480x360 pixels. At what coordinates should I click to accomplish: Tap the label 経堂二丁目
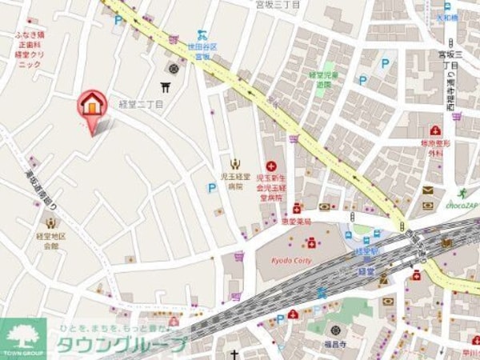141,105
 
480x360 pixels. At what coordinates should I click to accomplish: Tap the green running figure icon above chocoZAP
462,192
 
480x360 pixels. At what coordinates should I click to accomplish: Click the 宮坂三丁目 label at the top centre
278,5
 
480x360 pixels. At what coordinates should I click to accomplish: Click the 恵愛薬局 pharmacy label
295,221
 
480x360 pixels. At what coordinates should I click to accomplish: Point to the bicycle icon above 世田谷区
202,34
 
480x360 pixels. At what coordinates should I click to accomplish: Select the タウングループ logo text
120,346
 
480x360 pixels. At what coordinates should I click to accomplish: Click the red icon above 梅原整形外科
435,130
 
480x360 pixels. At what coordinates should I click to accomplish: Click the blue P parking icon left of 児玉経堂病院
212,188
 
